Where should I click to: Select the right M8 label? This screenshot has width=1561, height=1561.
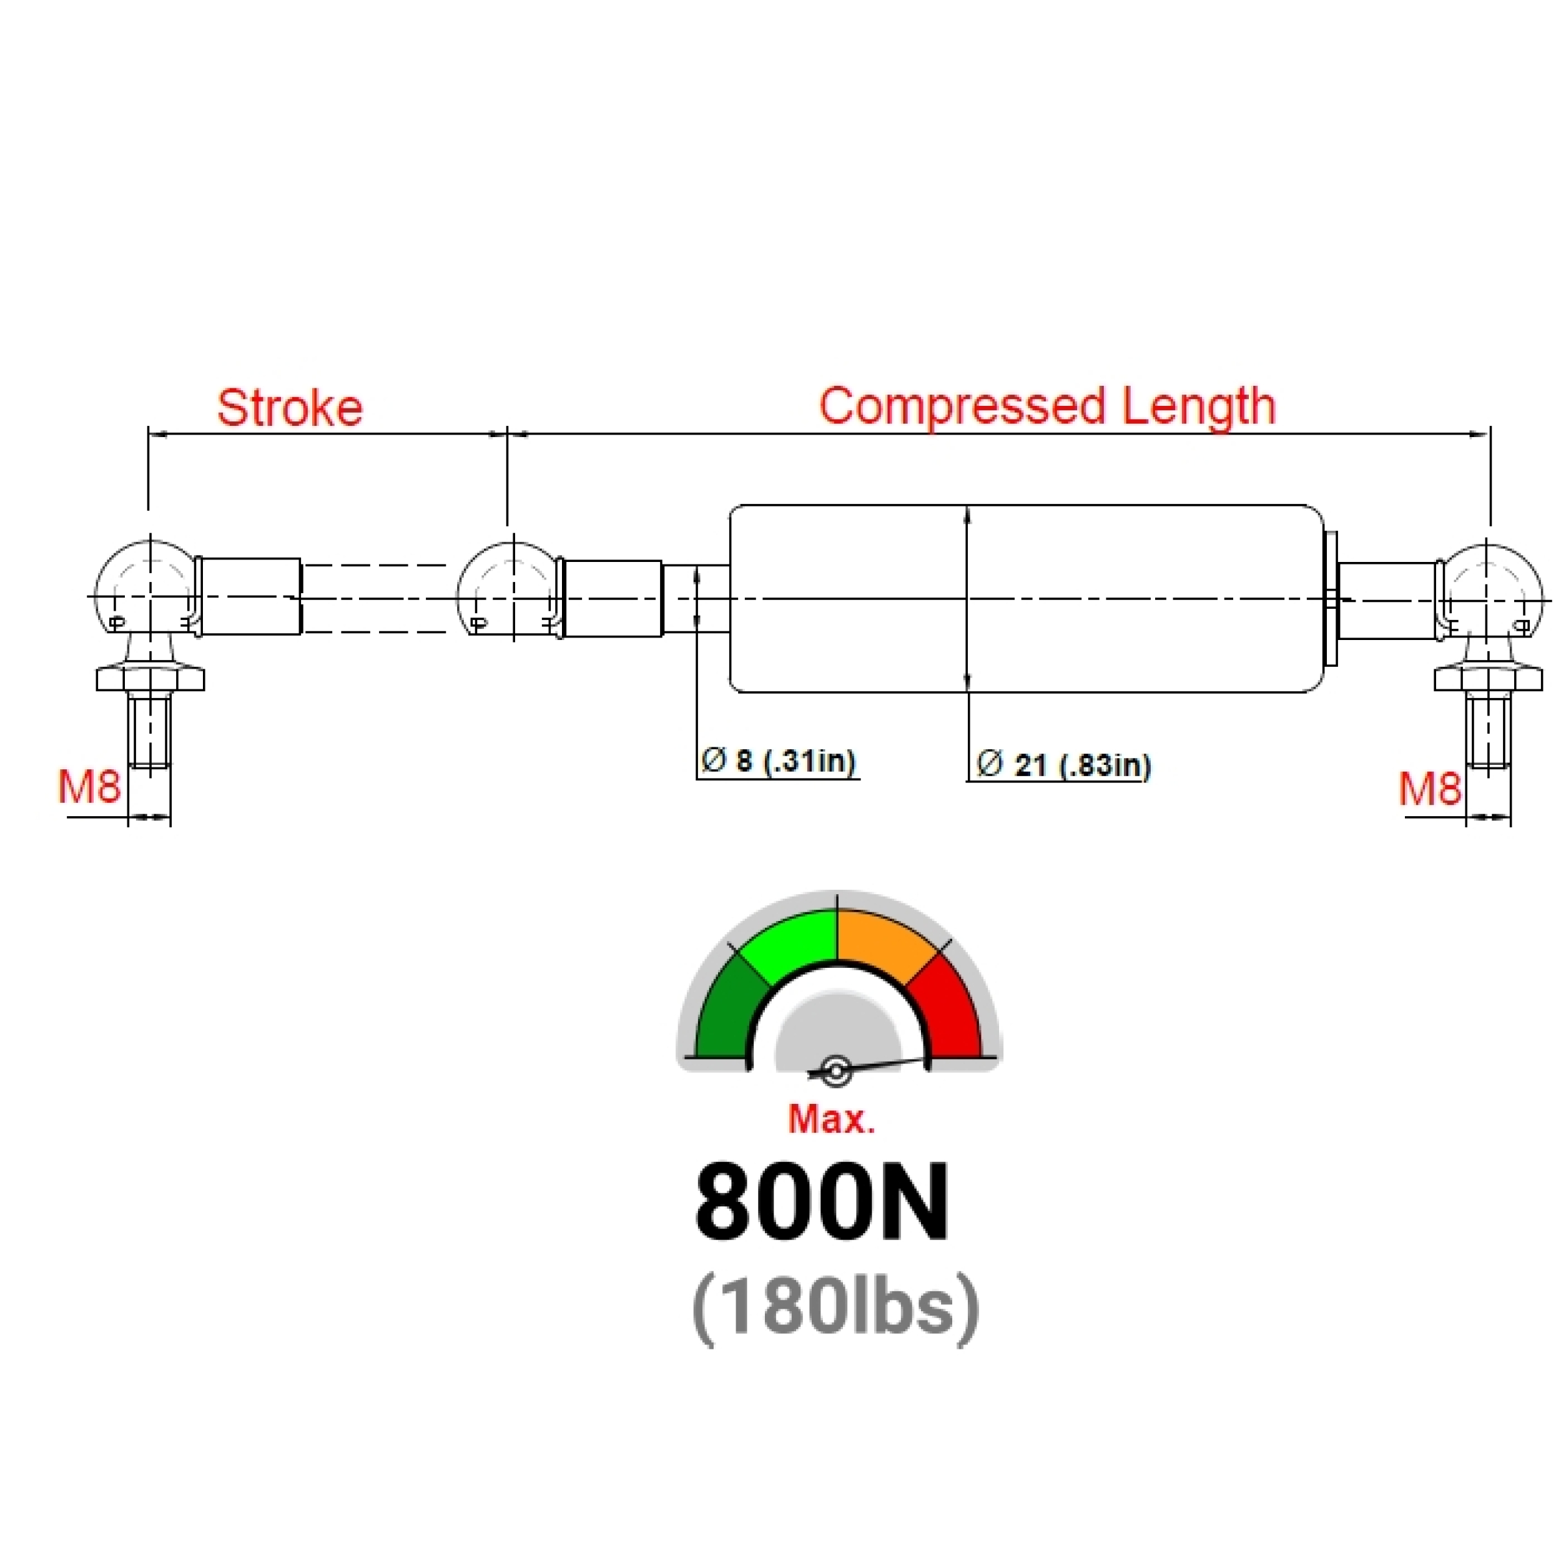(x=1429, y=789)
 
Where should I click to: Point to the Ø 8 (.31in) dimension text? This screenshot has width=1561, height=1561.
(x=778, y=761)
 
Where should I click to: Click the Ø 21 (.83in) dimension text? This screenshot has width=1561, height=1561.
(x=1063, y=764)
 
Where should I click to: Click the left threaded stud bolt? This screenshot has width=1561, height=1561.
(x=149, y=731)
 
